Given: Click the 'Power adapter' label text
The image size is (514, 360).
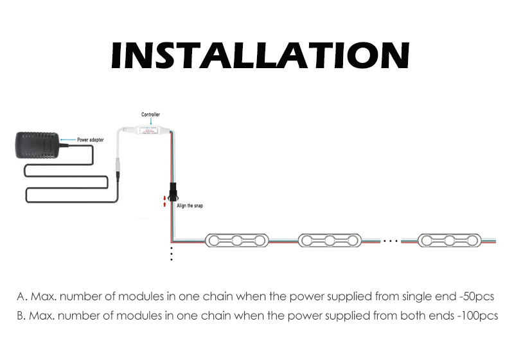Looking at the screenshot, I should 91,139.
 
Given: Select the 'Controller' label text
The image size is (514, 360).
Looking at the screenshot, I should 150,115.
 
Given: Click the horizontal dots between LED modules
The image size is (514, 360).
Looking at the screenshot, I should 391,241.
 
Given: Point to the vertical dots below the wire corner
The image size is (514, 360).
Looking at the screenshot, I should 172,253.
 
